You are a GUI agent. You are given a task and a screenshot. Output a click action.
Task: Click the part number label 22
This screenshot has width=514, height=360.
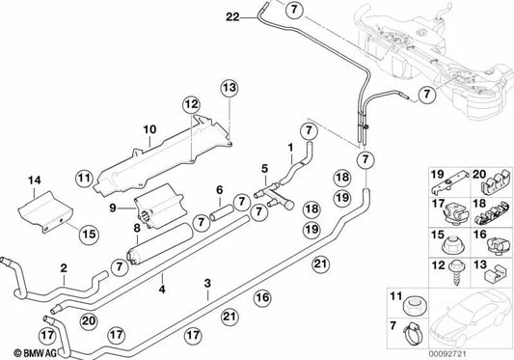click(232, 16)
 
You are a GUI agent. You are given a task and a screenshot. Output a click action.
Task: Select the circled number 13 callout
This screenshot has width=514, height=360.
click(230, 88)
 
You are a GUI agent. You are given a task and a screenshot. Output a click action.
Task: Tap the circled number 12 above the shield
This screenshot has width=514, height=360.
click(192, 104)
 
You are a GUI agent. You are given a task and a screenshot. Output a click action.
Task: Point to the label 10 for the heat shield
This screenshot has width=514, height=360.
click(149, 129)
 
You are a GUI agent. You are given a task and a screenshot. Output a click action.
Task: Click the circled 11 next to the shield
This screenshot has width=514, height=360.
click(84, 179)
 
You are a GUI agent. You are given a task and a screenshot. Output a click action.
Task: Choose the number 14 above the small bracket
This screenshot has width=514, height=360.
click(35, 180)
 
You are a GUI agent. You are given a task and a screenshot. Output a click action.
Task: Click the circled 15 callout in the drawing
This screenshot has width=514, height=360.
click(89, 234)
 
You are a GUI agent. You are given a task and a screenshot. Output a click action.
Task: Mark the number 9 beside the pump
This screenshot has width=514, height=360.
click(113, 208)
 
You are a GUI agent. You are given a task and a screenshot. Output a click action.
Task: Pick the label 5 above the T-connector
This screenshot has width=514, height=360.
click(264, 169)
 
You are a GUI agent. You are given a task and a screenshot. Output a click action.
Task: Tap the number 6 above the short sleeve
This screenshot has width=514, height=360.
click(219, 190)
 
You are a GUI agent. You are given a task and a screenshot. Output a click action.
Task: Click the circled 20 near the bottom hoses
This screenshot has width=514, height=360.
click(89, 320)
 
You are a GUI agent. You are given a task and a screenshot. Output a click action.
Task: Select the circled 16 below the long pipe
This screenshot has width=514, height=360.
click(262, 297)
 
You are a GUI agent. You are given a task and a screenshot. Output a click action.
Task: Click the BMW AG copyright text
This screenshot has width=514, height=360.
click(36, 353)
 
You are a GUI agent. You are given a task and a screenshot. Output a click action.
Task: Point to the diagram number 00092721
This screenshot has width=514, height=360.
click(447, 354)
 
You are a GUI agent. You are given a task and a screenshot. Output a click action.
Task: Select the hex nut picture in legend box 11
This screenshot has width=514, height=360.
click(414, 306)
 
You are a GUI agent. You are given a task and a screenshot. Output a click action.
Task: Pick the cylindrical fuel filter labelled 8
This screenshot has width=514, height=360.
click(160, 243)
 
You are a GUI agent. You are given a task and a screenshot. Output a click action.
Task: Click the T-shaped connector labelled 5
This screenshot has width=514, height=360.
click(274, 196)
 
